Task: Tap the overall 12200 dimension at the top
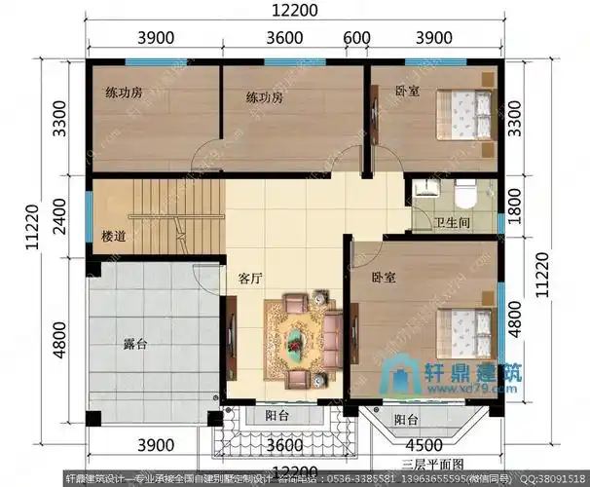coord(293,12)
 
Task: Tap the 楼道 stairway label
coord(114,236)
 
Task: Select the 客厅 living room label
coord(251,278)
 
